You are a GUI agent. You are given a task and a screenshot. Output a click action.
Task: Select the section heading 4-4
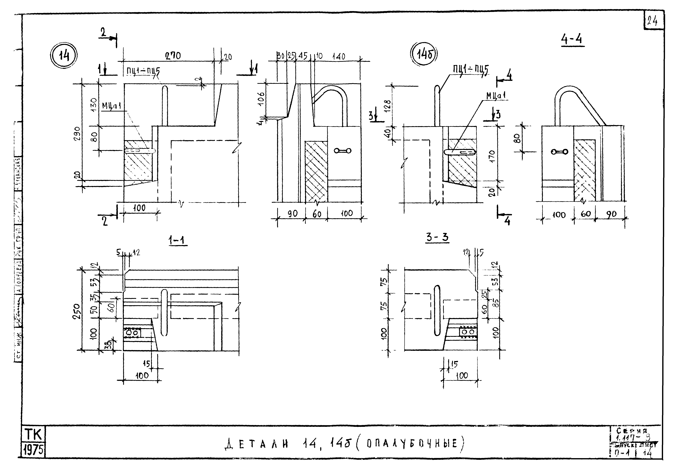[572, 40]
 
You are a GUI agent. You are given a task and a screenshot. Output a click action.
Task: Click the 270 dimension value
[173, 56]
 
